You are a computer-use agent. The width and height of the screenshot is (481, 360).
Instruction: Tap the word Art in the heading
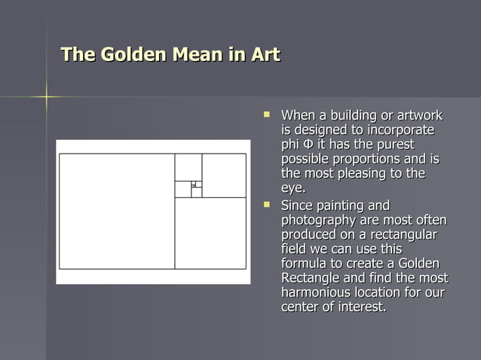point(263,55)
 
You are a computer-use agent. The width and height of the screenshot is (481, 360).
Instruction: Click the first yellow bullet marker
point(266,115)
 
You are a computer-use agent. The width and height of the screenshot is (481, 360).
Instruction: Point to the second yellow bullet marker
point(266,204)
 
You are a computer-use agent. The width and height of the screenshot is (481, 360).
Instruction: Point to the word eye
point(292,188)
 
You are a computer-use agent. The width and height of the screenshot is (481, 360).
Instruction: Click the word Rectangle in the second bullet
point(311,278)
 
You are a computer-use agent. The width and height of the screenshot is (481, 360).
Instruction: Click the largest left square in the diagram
point(117,211)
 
